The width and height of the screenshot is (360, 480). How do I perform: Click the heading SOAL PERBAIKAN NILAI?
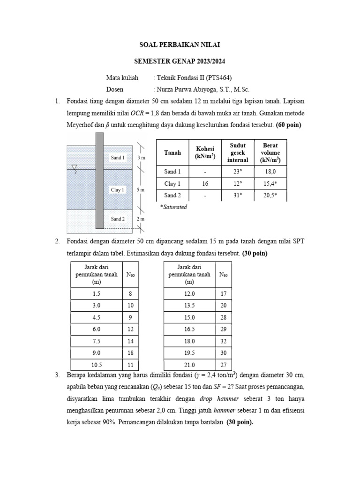tap(180, 45)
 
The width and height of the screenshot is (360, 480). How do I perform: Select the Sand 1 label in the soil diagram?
tap(118, 158)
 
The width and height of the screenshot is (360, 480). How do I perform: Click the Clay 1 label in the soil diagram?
tap(118, 190)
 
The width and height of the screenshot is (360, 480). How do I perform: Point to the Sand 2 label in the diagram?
tap(118, 219)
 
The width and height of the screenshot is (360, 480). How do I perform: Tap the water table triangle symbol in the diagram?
tap(74, 167)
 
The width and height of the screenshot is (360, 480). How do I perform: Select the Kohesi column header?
tap(205, 153)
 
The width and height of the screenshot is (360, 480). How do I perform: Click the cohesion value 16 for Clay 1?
tap(205, 184)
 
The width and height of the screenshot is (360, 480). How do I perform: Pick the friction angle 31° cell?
tap(238, 195)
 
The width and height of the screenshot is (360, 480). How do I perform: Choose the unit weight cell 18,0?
tap(270, 172)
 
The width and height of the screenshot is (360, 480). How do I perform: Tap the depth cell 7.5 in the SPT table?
tap(97, 341)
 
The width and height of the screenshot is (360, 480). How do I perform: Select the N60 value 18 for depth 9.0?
tap(131, 353)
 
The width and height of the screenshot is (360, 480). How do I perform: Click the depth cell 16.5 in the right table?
tap(189, 330)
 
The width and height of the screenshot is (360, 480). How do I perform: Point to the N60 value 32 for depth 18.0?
tap(224, 341)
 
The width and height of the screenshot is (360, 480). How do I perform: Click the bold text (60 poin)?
tap(282, 125)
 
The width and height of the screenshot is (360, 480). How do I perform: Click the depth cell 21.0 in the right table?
tap(189, 365)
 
